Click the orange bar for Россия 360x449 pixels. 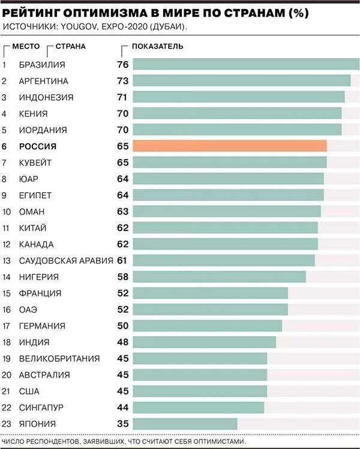click(229, 146)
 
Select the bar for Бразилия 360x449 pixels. click(245, 64)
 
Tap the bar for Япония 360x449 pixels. click(184, 423)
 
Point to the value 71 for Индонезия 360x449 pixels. click(123, 97)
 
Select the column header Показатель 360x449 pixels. click(157, 46)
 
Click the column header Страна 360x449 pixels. click(70, 46)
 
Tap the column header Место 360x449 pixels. click(26, 46)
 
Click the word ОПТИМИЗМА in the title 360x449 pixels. click(98, 11)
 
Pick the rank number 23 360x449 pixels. click(7, 423)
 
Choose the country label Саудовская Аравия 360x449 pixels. click(66, 260)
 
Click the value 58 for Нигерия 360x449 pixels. click(123, 277)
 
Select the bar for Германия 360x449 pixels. click(207, 326)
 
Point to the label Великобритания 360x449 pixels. click(59, 358)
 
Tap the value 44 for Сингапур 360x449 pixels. click(123, 408)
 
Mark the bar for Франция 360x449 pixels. click(210, 293)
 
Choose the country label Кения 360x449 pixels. click(34, 113)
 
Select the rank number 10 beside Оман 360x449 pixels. click(7, 211)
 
